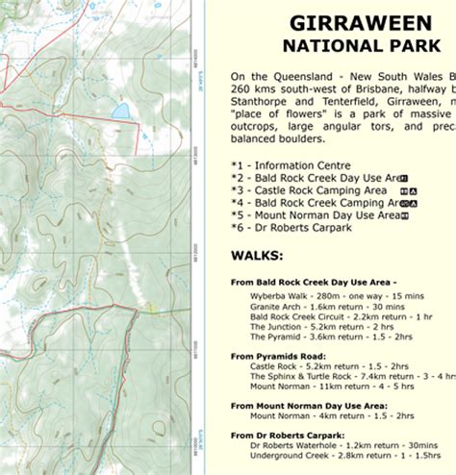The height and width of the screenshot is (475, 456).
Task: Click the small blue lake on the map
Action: (x=121, y=112)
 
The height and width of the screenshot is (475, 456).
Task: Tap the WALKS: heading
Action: (x=257, y=256)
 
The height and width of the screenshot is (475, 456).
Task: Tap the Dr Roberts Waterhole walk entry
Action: (x=332, y=445)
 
